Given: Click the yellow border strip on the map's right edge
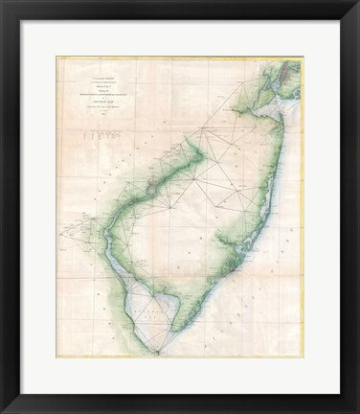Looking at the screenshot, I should click(302, 211).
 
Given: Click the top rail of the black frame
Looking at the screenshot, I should click(180, 8).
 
